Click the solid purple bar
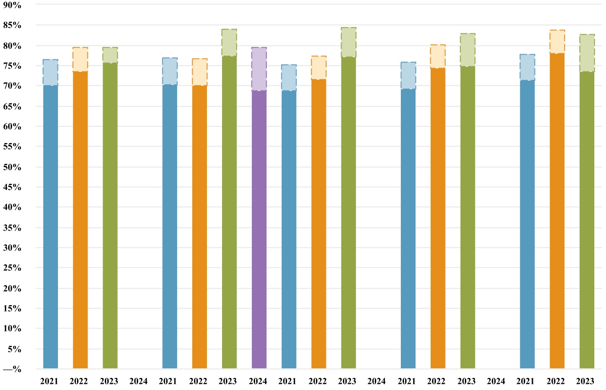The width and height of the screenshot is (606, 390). (x=259, y=230)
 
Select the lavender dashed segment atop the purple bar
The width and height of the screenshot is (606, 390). (x=259, y=69)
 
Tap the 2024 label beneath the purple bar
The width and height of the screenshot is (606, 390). (x=258, y=381)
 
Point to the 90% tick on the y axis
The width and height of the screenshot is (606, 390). (x=12, y=5)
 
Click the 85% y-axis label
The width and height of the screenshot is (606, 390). (x=12, y=25)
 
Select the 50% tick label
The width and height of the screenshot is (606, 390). (x=12, y=167)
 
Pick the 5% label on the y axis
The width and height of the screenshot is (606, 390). (x=14, y=349)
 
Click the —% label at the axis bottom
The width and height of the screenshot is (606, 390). (x=12, y=369)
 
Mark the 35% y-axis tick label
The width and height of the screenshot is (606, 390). (x=12, y=227)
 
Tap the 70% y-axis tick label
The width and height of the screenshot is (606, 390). (x=12, y=86)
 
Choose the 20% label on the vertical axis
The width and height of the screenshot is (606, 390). (x=12, y=288)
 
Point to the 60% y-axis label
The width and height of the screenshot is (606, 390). (x=12, y=127)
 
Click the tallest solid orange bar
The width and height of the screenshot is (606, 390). (x=557, y=211)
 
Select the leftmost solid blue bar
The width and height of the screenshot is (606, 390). (x=50, y=227)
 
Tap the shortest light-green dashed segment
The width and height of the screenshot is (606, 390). (x=110, y=55)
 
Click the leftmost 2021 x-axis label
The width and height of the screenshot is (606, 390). (x=49, y=381)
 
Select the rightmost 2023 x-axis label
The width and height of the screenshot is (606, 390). (x=585, y=381)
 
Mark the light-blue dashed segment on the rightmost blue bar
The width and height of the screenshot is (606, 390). (x=527, y=67)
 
